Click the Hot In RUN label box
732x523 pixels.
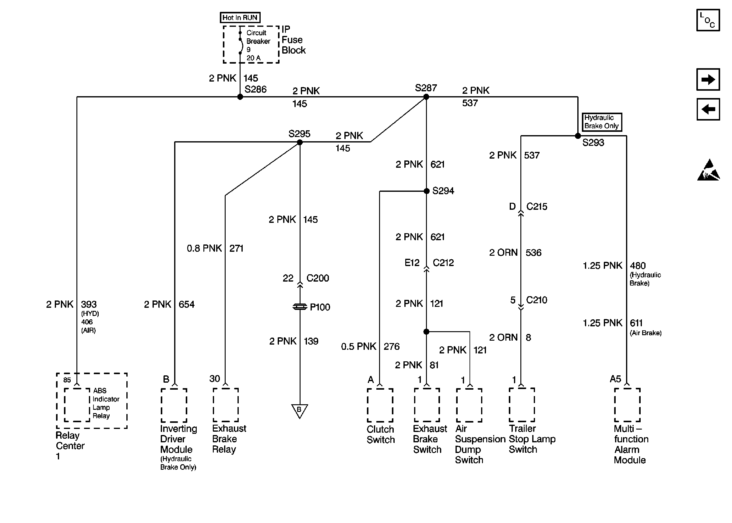coord(240,17)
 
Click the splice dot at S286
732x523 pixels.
coord(240,97)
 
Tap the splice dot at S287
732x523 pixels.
coord(426,97)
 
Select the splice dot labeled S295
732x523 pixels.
coord(300,142)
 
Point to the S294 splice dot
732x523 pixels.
coord(426,191)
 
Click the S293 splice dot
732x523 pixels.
coord(578,136)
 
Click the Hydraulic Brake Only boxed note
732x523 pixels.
coord(602,122)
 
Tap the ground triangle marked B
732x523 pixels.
coord(299,410)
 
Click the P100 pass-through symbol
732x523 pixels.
coord(300,307)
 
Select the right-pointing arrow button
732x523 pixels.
coord(708,79)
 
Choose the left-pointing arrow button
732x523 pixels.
coord(708,109)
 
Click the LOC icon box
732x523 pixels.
coord(708,20)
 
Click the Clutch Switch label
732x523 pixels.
coord(380,434)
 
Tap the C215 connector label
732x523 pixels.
coord(537,206)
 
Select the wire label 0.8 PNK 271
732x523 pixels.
coord(215,248)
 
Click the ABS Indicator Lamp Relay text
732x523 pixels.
coord(106,403)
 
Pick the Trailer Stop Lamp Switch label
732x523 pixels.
coord(532,439)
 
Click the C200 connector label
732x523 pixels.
coord(318,278)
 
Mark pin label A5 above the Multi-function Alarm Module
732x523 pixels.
coord(615,379)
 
